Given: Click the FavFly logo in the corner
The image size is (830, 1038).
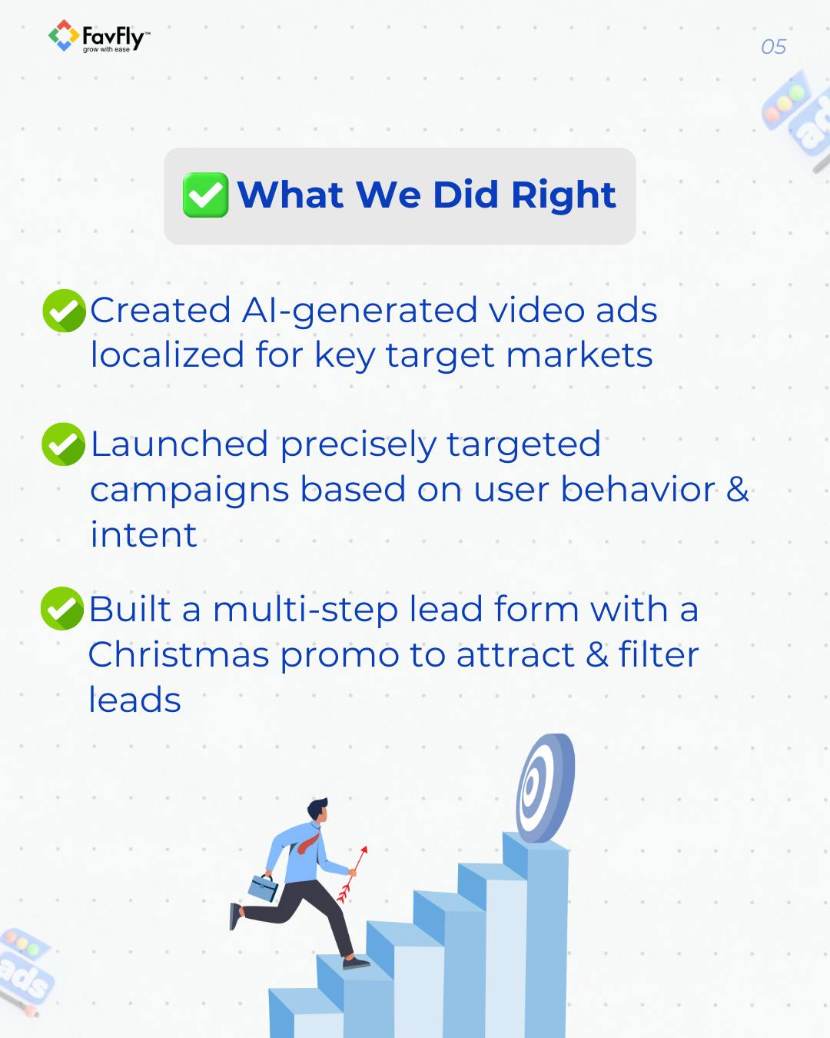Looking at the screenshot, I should tap(98, 37).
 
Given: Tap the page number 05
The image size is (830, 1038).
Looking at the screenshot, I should tap(773, 47).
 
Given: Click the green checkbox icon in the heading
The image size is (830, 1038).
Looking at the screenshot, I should tap(205, 195).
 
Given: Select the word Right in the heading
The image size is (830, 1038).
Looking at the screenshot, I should tap(563, 195).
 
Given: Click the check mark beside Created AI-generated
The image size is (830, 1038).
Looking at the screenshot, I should tap(65, 311).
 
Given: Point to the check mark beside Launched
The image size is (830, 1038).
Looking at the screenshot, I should tap(63, 444).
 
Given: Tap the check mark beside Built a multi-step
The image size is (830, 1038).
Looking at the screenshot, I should tap(62, 609).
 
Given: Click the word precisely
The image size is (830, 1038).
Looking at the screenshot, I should tap(357, 445).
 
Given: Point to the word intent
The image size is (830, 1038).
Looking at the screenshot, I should tap(144, 535).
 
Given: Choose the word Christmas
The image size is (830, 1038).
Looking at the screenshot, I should tap(178, 655).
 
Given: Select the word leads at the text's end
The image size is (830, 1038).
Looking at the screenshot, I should tap(134, 700).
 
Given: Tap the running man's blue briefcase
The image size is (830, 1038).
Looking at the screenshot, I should tap(263, 888).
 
